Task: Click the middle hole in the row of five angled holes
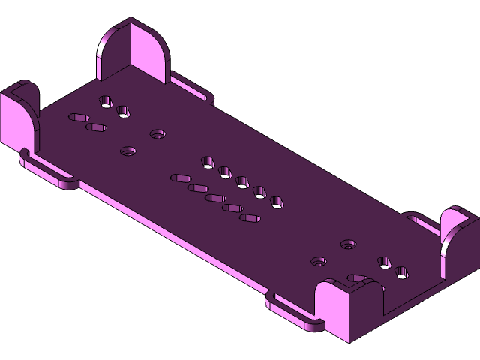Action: tap(242, 181)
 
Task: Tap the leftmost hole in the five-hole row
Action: tap(208, 162)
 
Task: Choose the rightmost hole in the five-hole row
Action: tap(277, 202)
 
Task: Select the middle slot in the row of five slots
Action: tap(215, 199)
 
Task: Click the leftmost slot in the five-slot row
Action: tap(181, 178)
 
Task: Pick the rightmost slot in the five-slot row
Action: tap(250, 218)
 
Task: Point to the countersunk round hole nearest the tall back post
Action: tap(157, 134)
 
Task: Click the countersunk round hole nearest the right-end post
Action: tap(348, 244)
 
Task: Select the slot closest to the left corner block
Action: tap(79, 117)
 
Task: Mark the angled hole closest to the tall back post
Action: tap(106, 100)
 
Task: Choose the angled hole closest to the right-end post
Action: tap(402, 272)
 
